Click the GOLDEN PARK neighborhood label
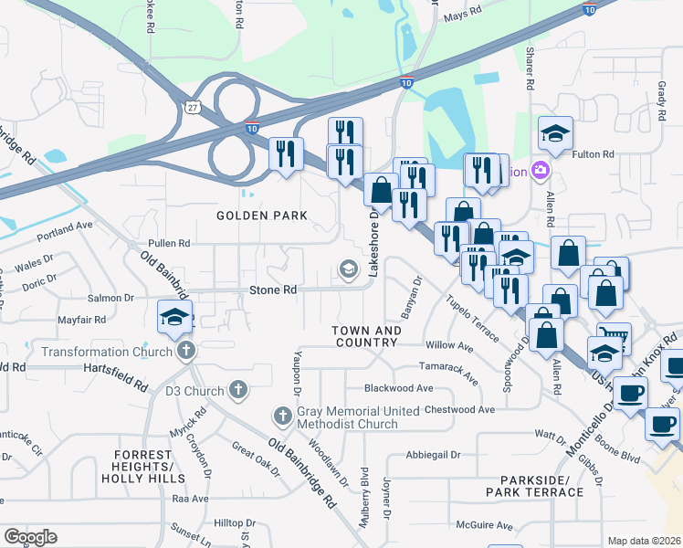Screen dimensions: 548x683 (x=261, y=216)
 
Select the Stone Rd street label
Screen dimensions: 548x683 (x=274, y=290)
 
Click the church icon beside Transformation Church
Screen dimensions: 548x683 (x=186, y=352)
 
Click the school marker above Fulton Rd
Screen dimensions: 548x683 (x=555, y=135)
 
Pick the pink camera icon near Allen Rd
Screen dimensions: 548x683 (x=541, y=171)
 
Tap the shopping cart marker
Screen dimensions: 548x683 (x=614, y=339)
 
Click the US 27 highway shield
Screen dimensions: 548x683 (x=192, y=108)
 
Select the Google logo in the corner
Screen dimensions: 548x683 (x=30, y=537)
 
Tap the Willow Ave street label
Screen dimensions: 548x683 (x=449, y=346)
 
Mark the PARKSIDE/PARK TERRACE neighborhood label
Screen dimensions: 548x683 (x=541, y=486)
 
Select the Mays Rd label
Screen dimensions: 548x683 (x=461, y=16)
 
